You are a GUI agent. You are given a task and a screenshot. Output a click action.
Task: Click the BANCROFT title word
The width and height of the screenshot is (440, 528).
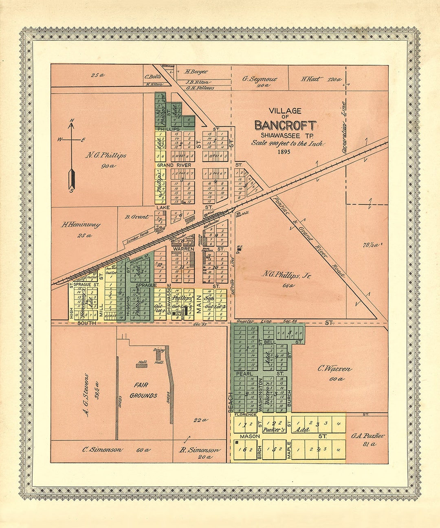pyautogui.click(x=285, y=125)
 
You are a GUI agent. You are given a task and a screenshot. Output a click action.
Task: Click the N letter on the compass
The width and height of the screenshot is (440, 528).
pyautogui.click(x=72, y=120)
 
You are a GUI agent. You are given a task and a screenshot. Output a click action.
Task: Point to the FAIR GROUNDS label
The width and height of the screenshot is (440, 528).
pyautogui.click(x=143, y=390)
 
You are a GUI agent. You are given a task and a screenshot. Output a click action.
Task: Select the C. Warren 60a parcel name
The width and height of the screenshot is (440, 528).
pyautogui.click(x=334, y=369)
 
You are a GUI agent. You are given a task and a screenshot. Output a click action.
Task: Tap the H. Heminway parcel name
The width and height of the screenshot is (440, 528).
pyautogui.click(x=81, y=224)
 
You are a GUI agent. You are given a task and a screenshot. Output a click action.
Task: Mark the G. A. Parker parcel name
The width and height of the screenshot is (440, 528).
pyautogui.click(x=368, y=436)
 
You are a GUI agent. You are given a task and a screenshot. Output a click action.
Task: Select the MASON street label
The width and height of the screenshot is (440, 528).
pyautogui.click(x=250, y=436)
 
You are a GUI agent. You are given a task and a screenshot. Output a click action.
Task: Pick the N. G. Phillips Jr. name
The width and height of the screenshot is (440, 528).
pyautogui.click(x=286, y=275)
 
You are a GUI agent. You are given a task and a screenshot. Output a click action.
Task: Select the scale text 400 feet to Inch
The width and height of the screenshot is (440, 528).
pyautogui.click(x=287, y=143)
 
